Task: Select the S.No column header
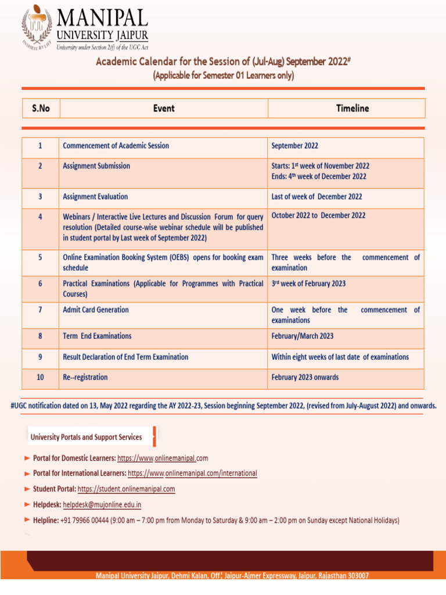41,108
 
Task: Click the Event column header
164,108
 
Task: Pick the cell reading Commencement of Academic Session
116,146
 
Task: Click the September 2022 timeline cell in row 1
295,146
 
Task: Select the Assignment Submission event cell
96,166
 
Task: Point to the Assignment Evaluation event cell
95,197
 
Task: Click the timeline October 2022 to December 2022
318,216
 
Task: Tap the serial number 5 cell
40,257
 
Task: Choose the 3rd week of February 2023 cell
308,284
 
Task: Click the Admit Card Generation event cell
96,310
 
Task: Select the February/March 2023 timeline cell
303,336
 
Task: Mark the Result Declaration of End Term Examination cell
125,357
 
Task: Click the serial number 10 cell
40,378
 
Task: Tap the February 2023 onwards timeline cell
305,378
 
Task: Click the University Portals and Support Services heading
86,437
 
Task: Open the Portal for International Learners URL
192,474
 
